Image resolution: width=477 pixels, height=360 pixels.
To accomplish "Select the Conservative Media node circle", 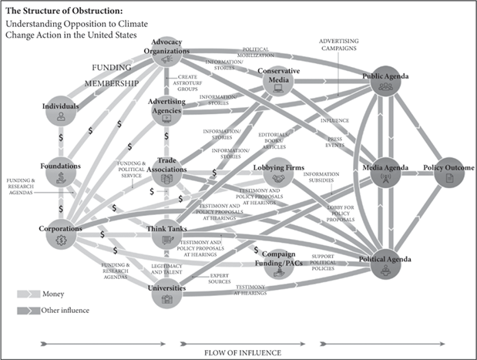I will (x=279, y=81).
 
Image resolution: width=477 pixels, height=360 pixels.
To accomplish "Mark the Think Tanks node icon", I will (x=167, y=241).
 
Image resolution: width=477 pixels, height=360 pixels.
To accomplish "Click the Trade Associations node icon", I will (x=167, y=179).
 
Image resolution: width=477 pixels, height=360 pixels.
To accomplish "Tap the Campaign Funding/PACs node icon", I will (x=267, y=267).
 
